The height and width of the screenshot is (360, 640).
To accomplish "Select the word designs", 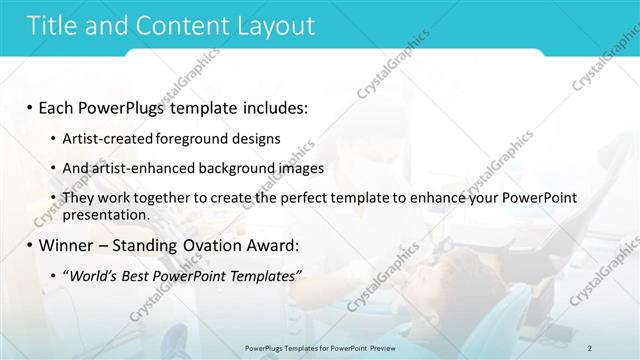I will [257, 137].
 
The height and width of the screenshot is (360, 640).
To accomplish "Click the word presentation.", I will [105, 215].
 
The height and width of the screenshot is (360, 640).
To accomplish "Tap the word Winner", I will [67, 245].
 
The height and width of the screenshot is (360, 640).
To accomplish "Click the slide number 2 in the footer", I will [591, 347].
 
